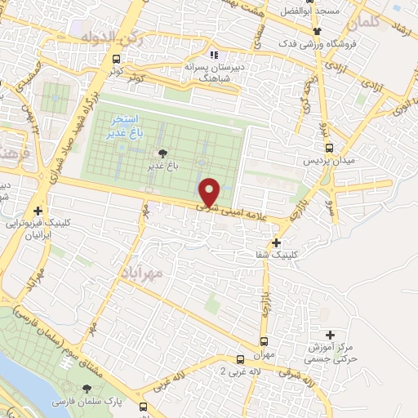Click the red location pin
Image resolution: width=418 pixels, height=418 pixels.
click(x=211, y=193)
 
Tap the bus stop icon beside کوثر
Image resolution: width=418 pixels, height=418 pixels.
click(x=118, y=59)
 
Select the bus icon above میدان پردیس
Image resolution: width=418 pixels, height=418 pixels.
click(x=329, y=148)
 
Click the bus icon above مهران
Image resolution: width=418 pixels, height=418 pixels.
click(x=264, y=342)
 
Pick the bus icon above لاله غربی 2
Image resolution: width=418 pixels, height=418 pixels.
click(x=239, y=358)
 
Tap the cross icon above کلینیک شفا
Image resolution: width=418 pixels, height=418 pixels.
click(x=277, y=242)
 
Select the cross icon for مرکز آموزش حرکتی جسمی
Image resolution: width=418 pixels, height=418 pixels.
click(x=330, y=334)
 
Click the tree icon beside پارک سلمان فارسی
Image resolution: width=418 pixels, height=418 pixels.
click(x=87, y=388)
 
